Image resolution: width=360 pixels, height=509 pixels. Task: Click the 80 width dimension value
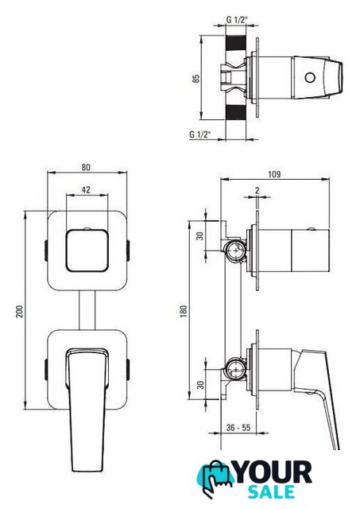tap(86, 167)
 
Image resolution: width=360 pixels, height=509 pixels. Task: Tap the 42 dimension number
tap(86, 189)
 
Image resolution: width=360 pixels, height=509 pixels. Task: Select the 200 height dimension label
tap(20, 311)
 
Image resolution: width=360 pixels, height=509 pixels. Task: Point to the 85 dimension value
tap(196, 79)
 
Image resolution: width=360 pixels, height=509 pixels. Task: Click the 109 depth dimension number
tap(274, 174)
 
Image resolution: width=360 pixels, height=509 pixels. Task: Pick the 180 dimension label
tap(184, 311)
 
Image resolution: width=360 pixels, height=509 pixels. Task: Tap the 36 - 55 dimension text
tap(238, 428)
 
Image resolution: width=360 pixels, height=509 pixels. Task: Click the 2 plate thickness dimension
tap(257, 190)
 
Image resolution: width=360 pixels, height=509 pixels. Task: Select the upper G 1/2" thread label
tap(237, 20)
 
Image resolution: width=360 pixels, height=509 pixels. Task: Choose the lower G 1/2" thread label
tap(200, 134)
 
